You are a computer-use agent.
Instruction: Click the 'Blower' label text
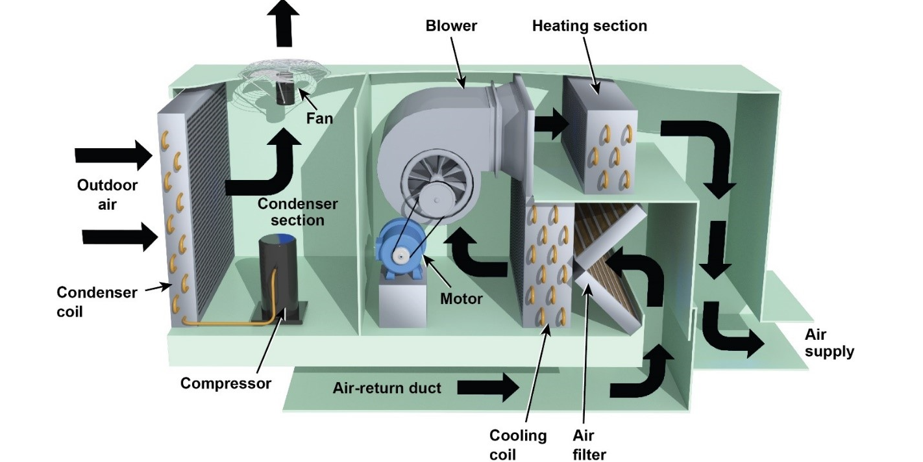click(451, 25)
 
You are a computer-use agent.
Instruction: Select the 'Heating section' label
click(589, 25)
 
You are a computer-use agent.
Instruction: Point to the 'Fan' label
click(319, 118)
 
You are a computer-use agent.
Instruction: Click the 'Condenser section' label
click(297, 212)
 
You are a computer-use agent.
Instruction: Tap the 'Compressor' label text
click(226, 383)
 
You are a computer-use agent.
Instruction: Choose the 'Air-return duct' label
click(386, 388)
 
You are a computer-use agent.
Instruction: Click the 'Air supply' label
click(829, 343)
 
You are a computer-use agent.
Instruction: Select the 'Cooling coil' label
click(518, 444)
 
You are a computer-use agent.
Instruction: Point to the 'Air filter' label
click(589, 444)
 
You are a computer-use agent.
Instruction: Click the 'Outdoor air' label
click(107, 194)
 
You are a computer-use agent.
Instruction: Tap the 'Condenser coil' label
click(97, 302)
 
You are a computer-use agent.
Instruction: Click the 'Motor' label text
click(461, 299)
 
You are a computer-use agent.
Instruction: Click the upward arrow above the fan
click(283, 23)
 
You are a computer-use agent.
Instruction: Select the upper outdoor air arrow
click(114, 155)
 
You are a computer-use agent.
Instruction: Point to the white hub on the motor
click(400, 256)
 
